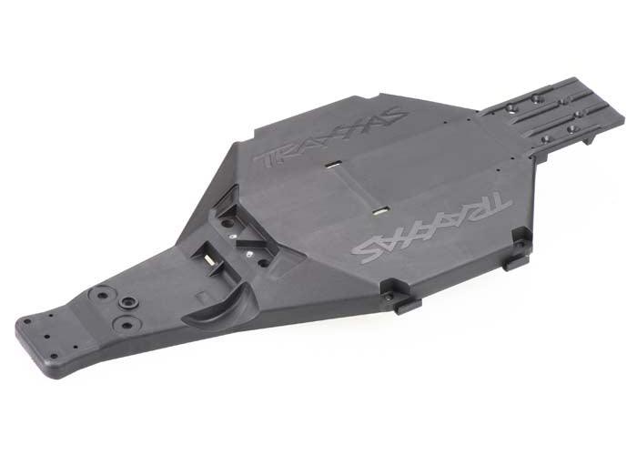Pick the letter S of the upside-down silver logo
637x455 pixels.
pyautogui.click(x=368, y=247)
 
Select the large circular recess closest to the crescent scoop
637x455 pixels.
pyautogui.click(x=126, y=323)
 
